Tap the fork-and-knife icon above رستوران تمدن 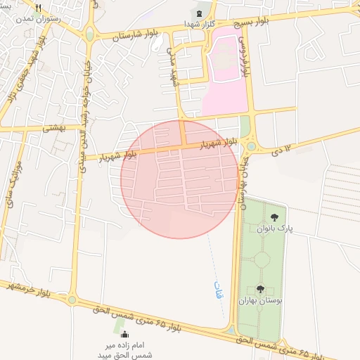(28, 6)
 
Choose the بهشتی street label (53, 128)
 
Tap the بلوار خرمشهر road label (29, 289)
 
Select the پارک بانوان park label (274, 229)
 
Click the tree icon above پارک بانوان (274, 217)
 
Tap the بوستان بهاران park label (261, 300)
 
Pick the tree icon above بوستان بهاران (261, 288)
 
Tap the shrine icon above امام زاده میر (125, 335)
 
